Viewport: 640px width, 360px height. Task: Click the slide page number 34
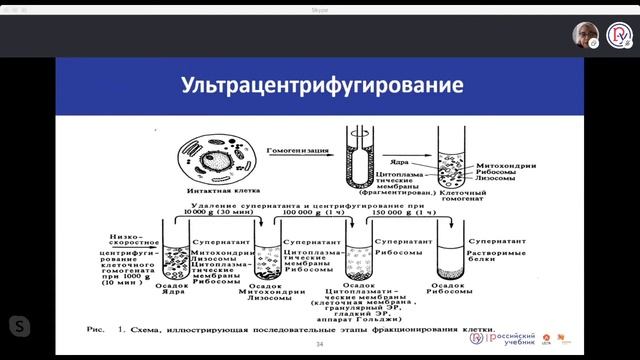point(320,345)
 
